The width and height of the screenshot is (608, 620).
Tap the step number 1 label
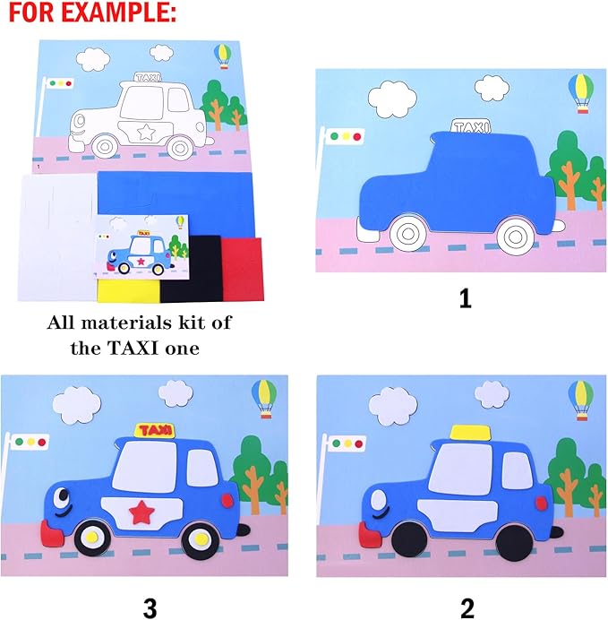[x=464, y=299]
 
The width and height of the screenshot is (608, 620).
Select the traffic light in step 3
[x=27, y=443]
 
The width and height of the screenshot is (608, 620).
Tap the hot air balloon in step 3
[x=264, y=396]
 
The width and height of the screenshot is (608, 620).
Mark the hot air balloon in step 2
[x=581, y=399]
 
